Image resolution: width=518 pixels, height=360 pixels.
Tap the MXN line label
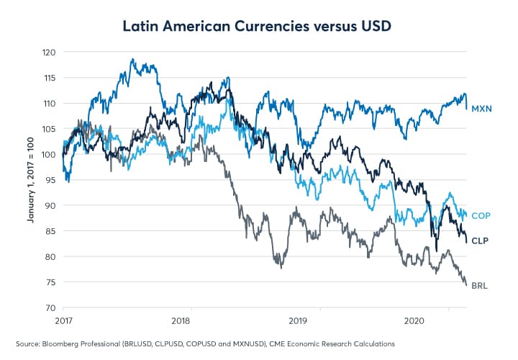pos(482,108)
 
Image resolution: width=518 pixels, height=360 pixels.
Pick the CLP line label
pos(481,240)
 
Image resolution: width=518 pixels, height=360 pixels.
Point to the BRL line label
pos(481,286)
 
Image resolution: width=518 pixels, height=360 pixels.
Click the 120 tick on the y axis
pos(48,53)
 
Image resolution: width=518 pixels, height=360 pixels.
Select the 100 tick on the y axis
pos(48,155)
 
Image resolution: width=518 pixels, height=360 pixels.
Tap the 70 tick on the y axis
pos(50,307)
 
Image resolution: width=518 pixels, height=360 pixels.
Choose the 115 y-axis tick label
pos(48,78)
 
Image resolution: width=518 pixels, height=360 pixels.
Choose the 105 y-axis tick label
pos(48,129)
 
